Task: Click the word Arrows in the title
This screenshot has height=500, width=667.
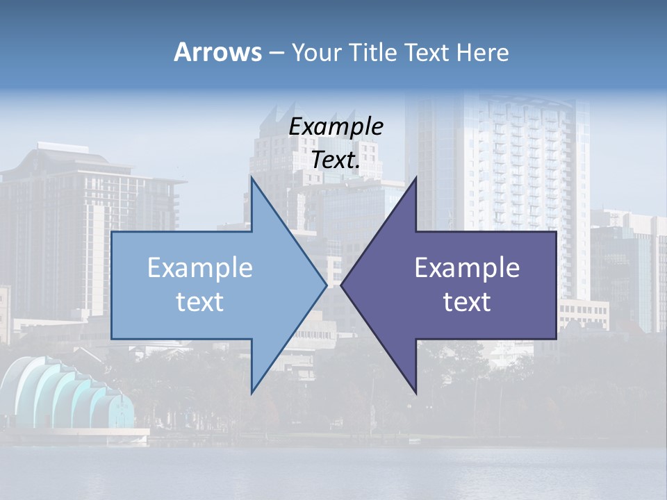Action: pyautogui.click(x=218, y=52)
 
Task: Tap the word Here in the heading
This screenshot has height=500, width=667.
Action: pyautogui.click(x=484, y=52)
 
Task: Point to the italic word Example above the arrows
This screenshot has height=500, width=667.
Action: pyautogui.click(x=336, y=126)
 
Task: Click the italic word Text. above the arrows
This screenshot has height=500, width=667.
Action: pyautogui.click(x=336, y=160)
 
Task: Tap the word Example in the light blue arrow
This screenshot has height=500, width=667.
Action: pyautogui.click(x=200, y=268)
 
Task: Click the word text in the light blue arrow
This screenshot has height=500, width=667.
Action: pyautogui.click(x=200, y=302)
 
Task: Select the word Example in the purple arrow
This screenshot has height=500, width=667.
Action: pyautogui.click(x=467, y=268)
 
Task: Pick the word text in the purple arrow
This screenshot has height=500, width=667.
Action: pyautogui.click(x=467, y=302)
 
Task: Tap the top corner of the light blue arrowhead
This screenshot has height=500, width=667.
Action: pyautogui.click(x=252, y=178)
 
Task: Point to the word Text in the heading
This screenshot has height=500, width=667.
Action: pyautogui.click(x=428, y=52)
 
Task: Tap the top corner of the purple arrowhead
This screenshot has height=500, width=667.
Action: pyautogui.click(x=415, y=178)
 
